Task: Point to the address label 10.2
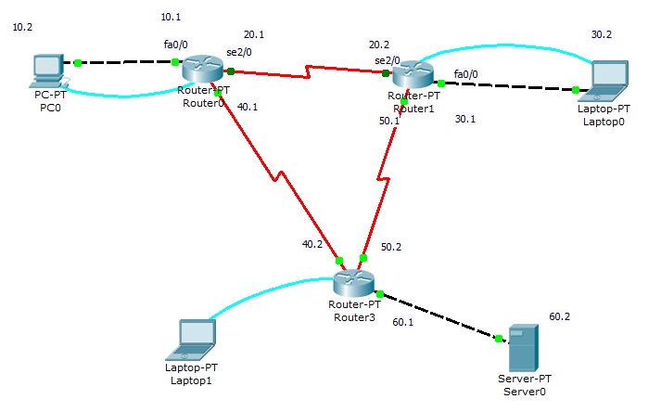[22, 28]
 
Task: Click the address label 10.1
[172, 17]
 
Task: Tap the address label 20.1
[253, 34]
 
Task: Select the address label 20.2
[379, 45]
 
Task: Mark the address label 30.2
[602, 34]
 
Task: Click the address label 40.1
[248, 108]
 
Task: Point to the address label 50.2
[391, 247]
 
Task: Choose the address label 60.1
[403, 321]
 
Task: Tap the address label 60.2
[560, 316]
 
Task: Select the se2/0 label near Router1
[386, 60]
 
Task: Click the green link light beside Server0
[499, 339]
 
